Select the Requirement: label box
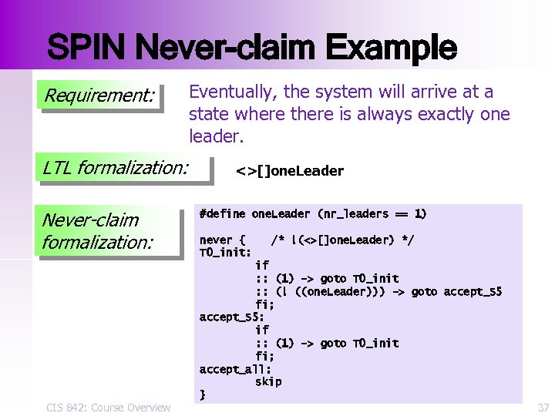pyautogui.click(x=100, y=97)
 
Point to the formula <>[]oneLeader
pyautogui.click(x=290, y=171)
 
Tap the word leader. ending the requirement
pyautogui.click(x=217, y=137)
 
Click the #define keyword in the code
pyautogui.click(x=222, y=213)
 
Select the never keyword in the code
pyautogui.click(x=216, y=240)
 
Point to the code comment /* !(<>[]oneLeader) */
pyautogui.click(x=341, y=240)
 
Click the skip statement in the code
pyautogui.click(x=268, y=381)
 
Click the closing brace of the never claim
pyautogui.click(x=203, y=394)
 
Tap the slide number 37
pyautogui.click(x=543, y=407)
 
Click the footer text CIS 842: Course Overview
pyautogui.click(x=107, y=407)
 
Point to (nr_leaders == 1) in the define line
pyautogui.click(x=372, y=213)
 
